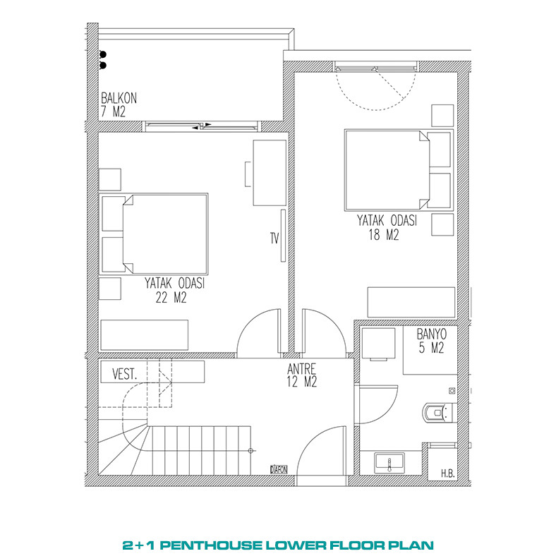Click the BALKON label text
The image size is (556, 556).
119,98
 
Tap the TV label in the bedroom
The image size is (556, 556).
274,238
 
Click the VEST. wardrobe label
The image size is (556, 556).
124,375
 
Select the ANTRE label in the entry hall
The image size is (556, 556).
302,369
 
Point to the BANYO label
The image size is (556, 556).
432,334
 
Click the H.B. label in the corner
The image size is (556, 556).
448,473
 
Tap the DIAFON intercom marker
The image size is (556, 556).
279,469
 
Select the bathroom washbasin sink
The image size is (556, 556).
389,463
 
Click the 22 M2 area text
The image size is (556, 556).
171,298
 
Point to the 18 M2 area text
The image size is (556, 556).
384,235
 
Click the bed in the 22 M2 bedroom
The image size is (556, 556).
154,234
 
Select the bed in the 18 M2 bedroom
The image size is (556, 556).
399,170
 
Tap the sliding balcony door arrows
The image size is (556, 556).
202,126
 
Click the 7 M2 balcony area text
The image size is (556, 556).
113,111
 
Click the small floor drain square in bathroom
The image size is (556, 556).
452,391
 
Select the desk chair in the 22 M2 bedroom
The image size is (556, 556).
248,174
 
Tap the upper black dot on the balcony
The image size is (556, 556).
103,54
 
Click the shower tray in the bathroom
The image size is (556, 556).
430,350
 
